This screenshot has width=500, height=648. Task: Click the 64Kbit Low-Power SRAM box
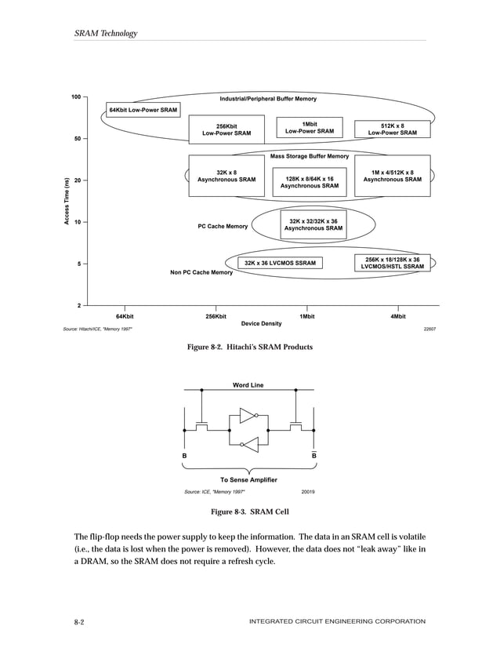pyautogui.click(x=143, y=110)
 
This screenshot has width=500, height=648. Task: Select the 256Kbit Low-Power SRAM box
pyautogui.click(x=226, y=129)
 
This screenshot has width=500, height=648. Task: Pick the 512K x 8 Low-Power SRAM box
pyautogui.click(x=393, y=129)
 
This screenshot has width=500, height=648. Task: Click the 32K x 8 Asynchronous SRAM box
pyautogui.click(x=226, y=176)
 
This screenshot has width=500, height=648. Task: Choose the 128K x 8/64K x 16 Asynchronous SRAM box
pyautogui.click(x=310, y=183)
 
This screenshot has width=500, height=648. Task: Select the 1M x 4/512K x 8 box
pyautogui.click(x=393, y=176)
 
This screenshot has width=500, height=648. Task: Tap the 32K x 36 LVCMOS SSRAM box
pyautogui.click(x=281, y=263)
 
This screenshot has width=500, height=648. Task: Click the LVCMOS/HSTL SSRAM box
pyautogui.click(x=393, y=263)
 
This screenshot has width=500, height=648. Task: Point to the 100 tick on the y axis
pyautogui.click(x=76, y=97)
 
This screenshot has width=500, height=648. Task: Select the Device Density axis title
pyautogui.click(x=261, y=323)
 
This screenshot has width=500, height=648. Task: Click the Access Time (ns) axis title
pyautogui.click(x=68, y=202)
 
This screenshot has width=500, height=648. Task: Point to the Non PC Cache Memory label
pyautogui.click(x=201, y=273)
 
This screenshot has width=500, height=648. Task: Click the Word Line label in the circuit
pyautogui.click(x=248, y=385)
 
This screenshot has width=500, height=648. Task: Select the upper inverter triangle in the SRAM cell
pyautogui.click(x=248, y=414)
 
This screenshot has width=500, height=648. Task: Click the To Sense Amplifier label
pyautogui.click(x=248, y=479)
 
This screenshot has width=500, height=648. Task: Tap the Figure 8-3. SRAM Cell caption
pyautogui.click(x=250, y=512)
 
